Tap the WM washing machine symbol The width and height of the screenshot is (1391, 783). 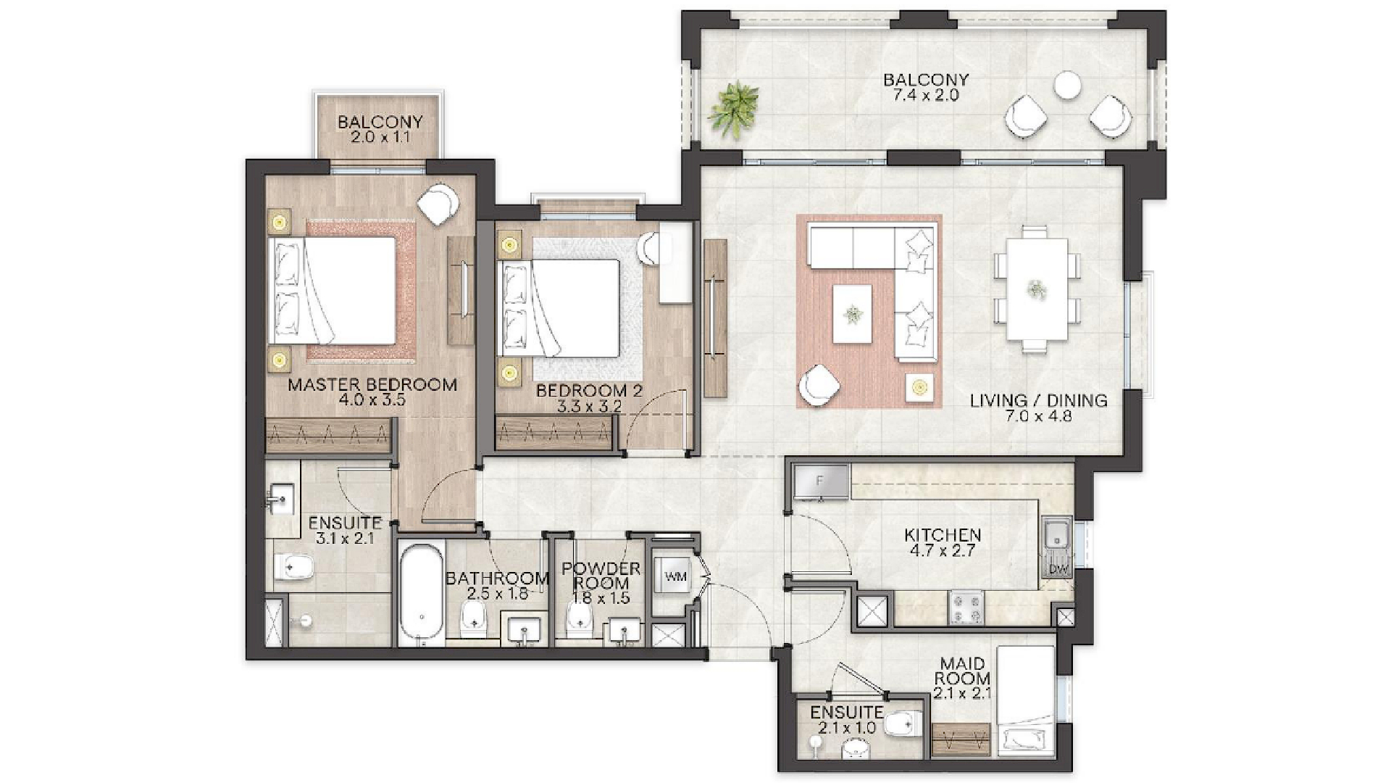click(675, 577)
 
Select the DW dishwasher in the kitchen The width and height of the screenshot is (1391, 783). click(1058, 569)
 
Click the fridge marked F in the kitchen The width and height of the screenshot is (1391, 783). click(821, 481)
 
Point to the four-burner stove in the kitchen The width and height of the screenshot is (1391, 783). click(966, 608)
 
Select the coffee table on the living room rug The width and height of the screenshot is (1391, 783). click(852, 314)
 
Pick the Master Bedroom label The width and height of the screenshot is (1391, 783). click(372, 384)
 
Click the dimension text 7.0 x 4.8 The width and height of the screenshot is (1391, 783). click(1038, 417)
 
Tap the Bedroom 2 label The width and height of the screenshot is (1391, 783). click(589, 391)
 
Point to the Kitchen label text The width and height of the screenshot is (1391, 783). click(943, 535)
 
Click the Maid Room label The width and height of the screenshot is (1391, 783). click(962, 671)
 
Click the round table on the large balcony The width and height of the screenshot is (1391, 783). click(1067, 85)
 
